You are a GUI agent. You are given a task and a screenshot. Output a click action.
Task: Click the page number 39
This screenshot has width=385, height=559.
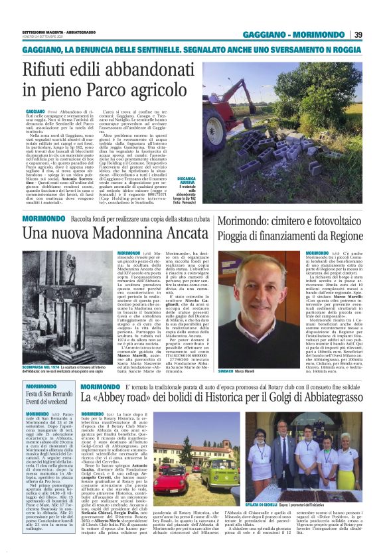tap(358, 35)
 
